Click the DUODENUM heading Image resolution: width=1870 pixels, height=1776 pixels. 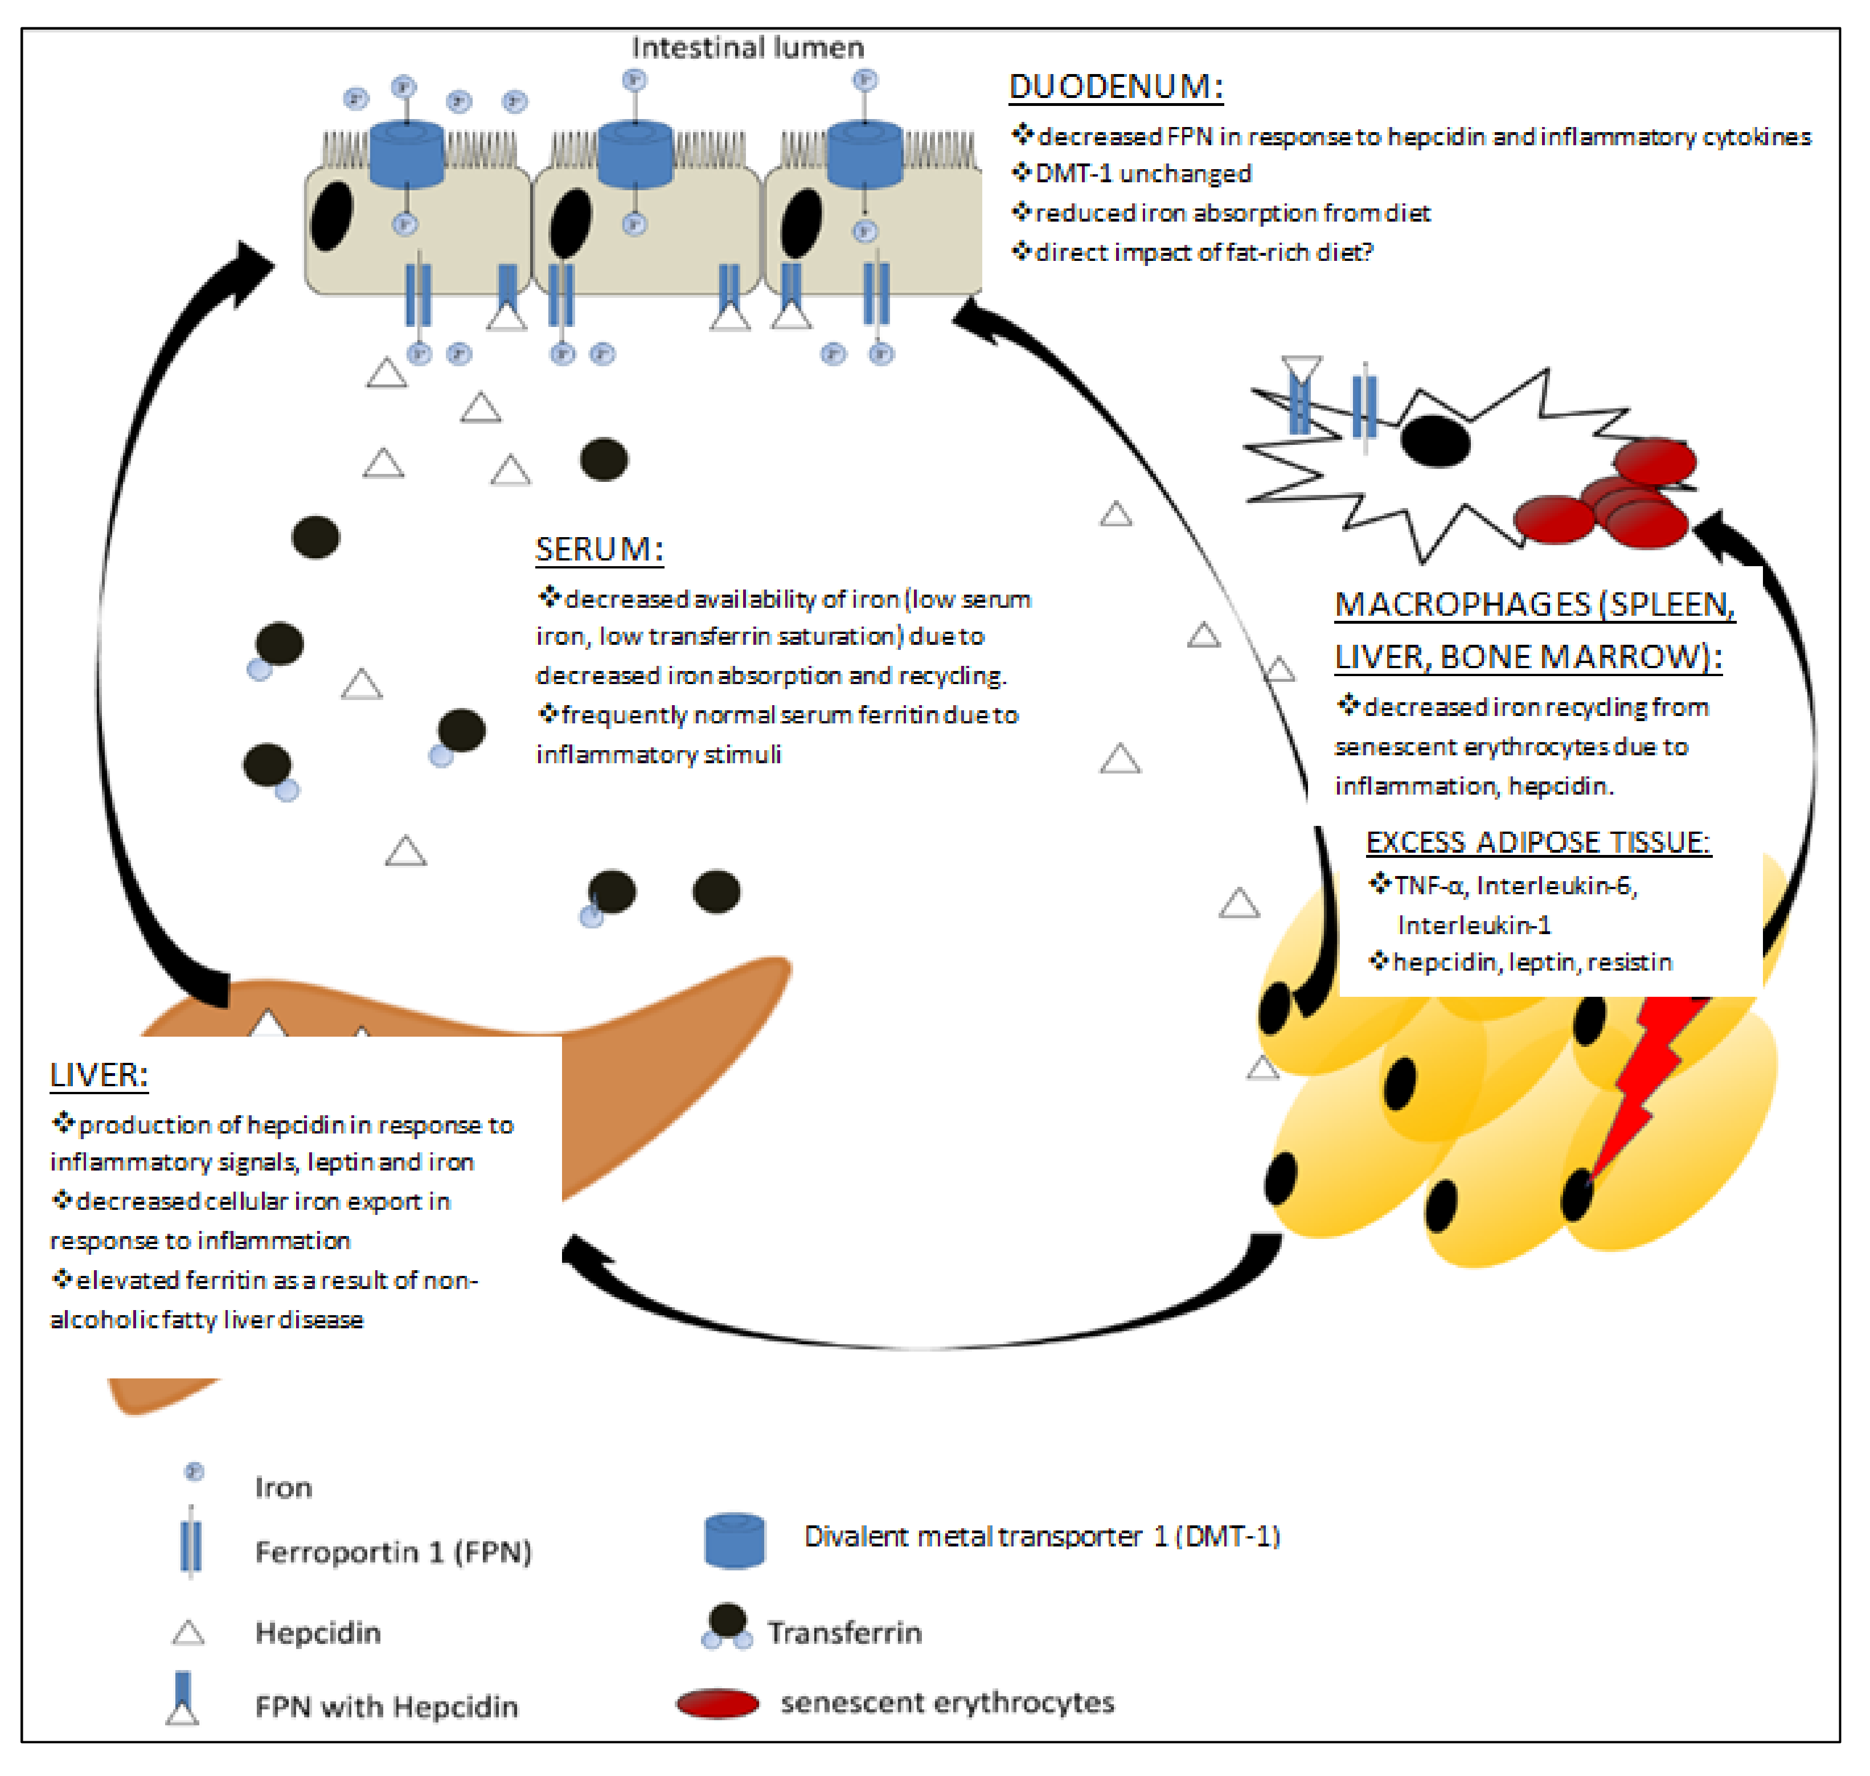[x=1117, y=87]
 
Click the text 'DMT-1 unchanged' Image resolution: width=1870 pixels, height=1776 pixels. [x=1143, y=174]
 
